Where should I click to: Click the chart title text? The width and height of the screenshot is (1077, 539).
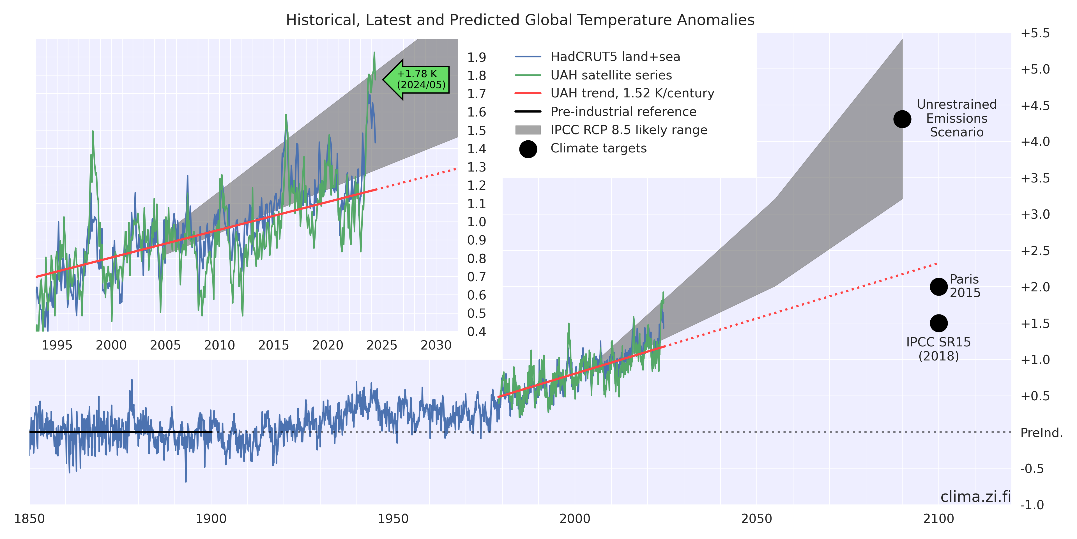[520, 20]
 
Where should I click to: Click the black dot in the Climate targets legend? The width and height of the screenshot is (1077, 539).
[528, 149]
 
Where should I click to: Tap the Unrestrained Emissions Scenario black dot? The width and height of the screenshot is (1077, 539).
[902, 119]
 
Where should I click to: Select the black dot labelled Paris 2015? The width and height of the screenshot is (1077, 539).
[939, 287]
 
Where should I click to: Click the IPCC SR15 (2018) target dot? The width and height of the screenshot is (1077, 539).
[939, 323]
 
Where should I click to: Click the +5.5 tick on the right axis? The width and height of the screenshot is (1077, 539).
[1035, 33]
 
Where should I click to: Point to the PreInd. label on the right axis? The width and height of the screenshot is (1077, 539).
[1041, 433]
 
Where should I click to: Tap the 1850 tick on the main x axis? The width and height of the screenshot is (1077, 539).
[29, 519]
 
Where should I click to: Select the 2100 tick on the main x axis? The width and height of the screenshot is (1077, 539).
[939, 519]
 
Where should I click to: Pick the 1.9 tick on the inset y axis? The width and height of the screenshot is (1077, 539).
[476, 57]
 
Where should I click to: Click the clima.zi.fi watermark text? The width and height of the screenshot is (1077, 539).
[975, 497]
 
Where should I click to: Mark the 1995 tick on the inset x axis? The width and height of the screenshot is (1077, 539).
[57, 345]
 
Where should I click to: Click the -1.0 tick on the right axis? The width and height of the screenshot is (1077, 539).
[1035, 505]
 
